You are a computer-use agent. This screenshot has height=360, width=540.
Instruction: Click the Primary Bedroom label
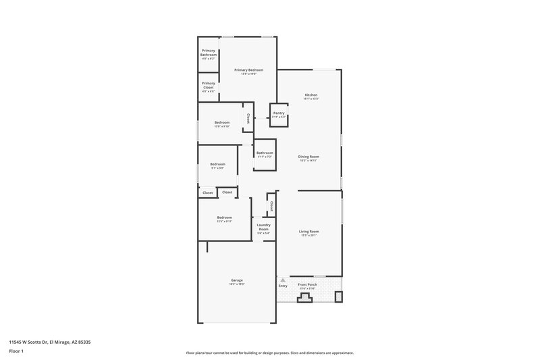point(248,70)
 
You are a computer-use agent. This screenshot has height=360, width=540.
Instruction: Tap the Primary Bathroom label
point(208,54)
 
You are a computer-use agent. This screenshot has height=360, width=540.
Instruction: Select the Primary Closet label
point(208,86)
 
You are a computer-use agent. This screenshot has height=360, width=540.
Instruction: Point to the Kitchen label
point(310,95)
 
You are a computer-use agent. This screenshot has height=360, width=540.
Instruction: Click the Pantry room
point(279,114)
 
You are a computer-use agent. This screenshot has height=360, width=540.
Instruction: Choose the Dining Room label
point(308,157)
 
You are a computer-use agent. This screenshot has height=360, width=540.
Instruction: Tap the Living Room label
point(308,232)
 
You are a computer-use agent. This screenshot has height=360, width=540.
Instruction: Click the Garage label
point(237,280)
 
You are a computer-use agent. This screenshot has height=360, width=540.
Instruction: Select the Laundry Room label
point(263,227)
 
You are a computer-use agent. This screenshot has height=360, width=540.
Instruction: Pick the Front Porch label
point(308,285)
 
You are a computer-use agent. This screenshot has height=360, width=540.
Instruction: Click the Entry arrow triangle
point(283,280)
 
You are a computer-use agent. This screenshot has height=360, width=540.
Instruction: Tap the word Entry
point(283,286)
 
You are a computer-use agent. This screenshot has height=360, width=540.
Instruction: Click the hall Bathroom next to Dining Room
point(265,153)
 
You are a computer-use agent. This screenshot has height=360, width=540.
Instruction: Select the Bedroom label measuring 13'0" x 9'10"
point(222,123)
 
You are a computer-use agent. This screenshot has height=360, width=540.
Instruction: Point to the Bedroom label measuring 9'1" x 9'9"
point(217,165)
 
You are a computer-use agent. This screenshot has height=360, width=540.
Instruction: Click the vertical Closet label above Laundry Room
point(271,205)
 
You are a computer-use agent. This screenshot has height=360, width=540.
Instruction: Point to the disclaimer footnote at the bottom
point(269,353)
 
